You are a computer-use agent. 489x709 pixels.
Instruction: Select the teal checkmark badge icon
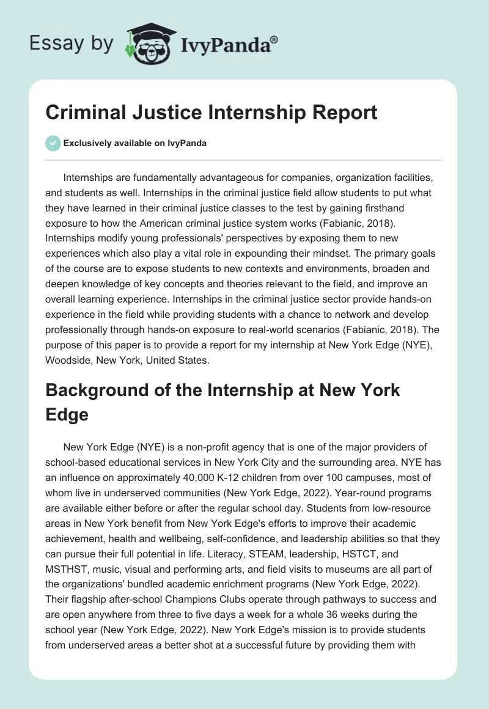53,143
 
